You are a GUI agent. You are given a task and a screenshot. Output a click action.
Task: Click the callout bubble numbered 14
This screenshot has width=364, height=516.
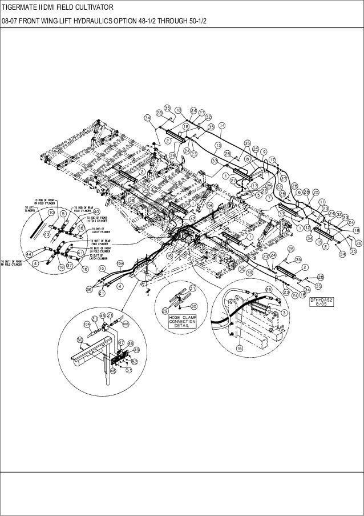click(222, 125)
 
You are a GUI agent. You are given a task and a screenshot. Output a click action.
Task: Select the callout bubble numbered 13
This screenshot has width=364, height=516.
click(217, 146)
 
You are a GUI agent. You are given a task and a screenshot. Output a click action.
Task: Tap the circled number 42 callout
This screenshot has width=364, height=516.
click(193, 219)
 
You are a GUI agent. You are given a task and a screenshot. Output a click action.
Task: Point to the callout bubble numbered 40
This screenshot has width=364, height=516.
click(96, 211)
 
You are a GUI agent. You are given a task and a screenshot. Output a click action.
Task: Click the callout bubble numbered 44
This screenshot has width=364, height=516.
click(28, 253)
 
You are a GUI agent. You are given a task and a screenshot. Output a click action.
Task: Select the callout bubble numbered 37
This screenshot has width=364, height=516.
click(69, 266)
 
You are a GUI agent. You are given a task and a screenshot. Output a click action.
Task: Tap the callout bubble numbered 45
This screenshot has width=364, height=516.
click(103, 315)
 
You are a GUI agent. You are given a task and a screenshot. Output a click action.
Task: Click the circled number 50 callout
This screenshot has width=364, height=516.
click(80, 340)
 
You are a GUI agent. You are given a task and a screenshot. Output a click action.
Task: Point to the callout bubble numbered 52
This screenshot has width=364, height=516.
click(134, 361)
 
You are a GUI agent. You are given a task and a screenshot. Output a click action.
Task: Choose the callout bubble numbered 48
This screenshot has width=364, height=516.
click(114, 370)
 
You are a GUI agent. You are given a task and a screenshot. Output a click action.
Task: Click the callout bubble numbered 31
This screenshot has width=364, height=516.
click(193, 287)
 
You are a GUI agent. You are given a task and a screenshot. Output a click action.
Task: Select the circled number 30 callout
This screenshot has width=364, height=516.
click(194, 306)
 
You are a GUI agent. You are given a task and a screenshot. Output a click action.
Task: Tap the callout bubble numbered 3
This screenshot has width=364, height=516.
click(284, 313)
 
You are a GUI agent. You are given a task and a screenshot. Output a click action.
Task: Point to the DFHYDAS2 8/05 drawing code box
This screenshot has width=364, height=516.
click(322, 301)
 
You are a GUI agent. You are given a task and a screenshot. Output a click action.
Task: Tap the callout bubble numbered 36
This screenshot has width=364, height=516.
click(88, 290)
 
